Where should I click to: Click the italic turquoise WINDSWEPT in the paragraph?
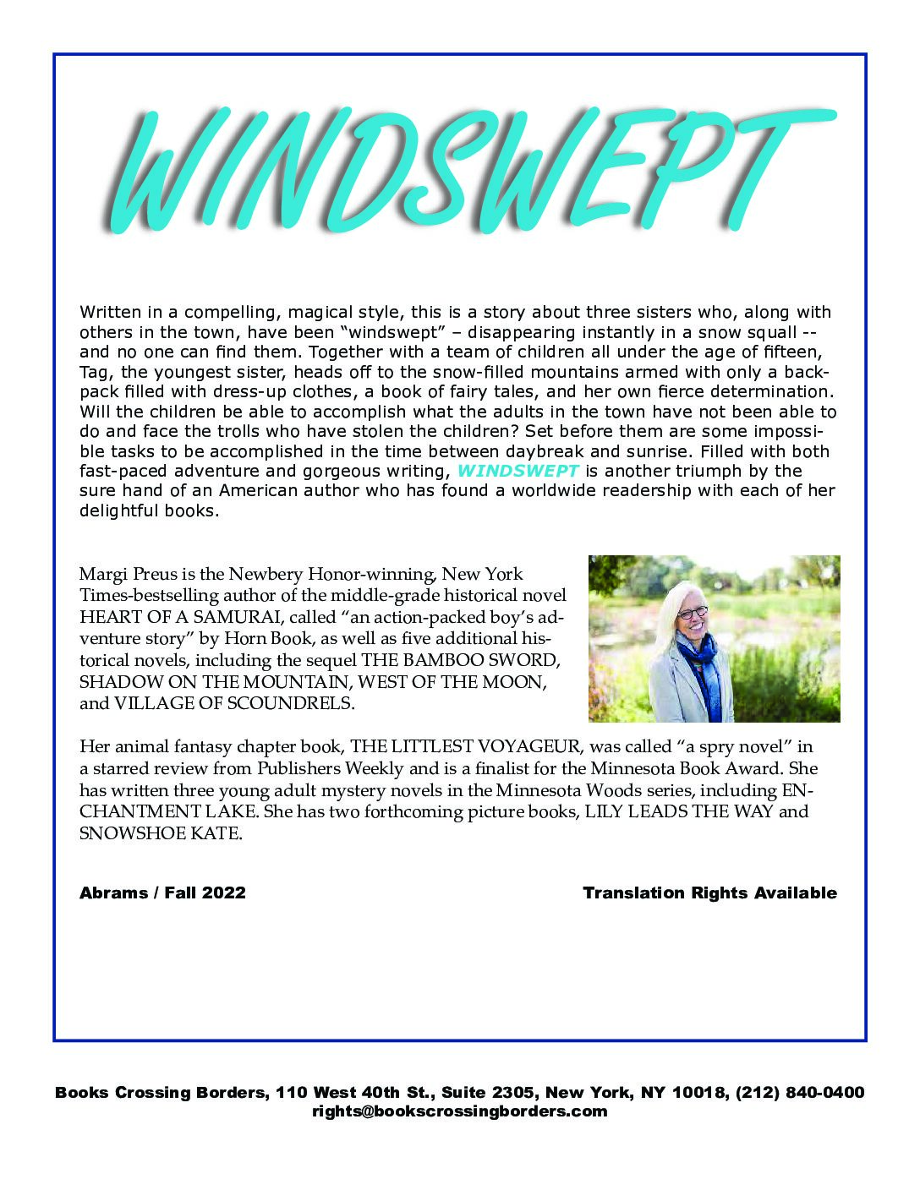[517, 471]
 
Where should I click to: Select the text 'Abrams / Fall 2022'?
[162, 893]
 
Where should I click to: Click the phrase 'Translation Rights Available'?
[709, 893]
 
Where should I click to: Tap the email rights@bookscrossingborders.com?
[459, 1111]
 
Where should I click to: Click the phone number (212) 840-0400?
[800, 1092]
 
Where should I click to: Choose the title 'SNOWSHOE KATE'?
[160, 833]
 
